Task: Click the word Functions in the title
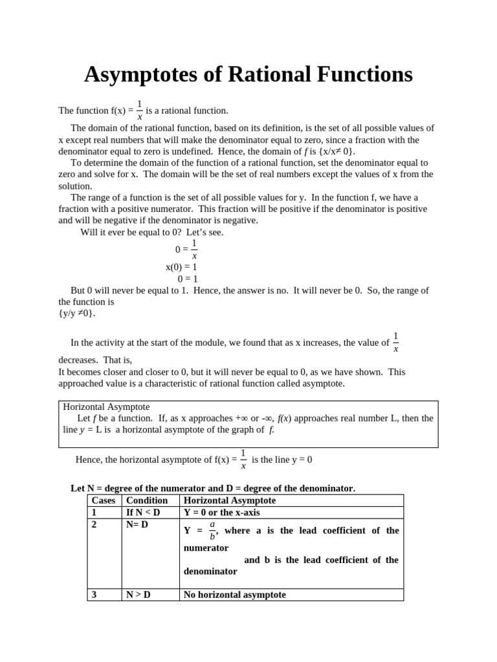(355, 75)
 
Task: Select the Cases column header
(104, 500)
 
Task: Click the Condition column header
(146, 500)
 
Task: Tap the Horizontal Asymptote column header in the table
(230, 500)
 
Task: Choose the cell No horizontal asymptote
(234, 595)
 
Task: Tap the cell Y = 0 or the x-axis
(221, 513)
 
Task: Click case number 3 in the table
(94, 595)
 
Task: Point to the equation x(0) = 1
(181, 267)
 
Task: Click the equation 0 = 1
(187, 279)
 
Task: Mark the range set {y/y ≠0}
(77, 314)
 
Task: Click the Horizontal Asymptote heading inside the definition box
(106, 407)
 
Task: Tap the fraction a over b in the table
(212, 530)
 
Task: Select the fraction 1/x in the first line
(139, 110)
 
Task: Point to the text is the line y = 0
(282, 460)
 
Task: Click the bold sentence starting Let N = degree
(212, 488)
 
